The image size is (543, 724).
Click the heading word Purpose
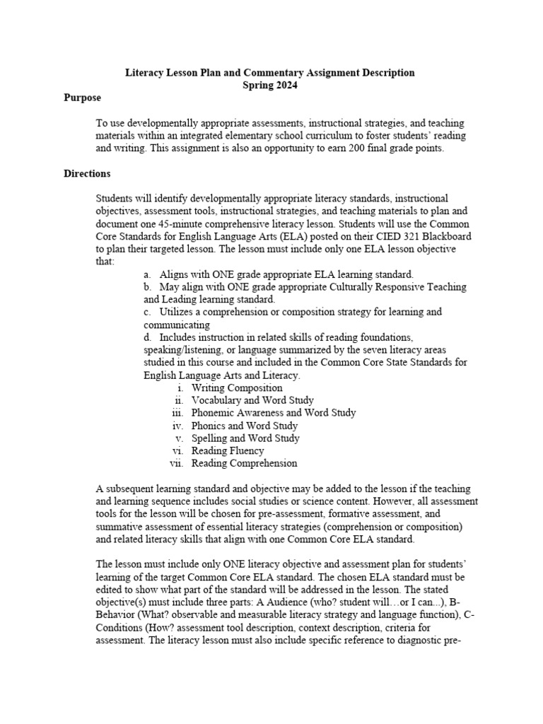tap(82, 98)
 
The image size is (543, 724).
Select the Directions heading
tap(87, 173)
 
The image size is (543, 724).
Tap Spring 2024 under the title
tap(269, 85)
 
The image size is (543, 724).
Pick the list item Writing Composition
tap(237, 387)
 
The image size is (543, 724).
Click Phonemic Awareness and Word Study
tap(273, 413)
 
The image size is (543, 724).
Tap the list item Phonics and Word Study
tap(244, 426)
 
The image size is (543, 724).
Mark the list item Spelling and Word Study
tap(245, 438)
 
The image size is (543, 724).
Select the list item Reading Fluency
tap(227, 451)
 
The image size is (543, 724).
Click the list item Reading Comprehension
tap(244, 464)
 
